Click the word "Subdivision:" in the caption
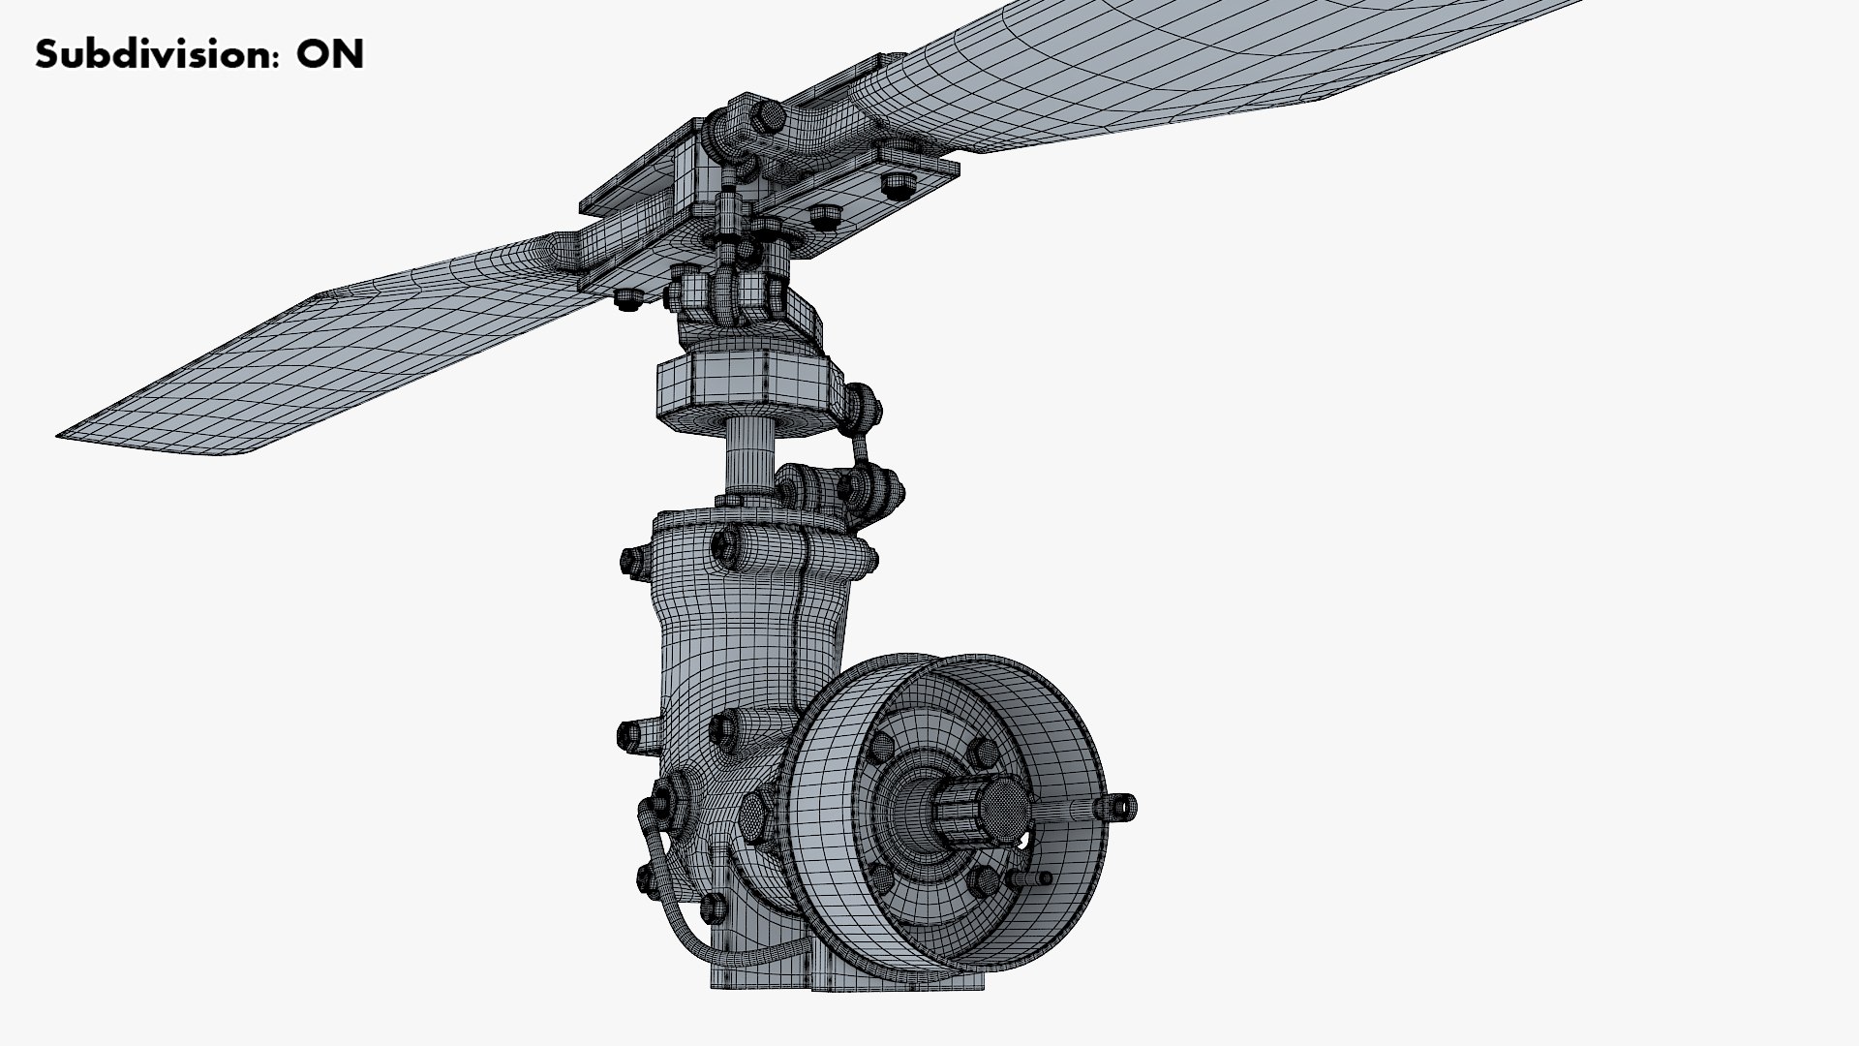pos(153,55)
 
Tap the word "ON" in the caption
pos(330,54)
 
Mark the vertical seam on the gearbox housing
pos(802,630)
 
